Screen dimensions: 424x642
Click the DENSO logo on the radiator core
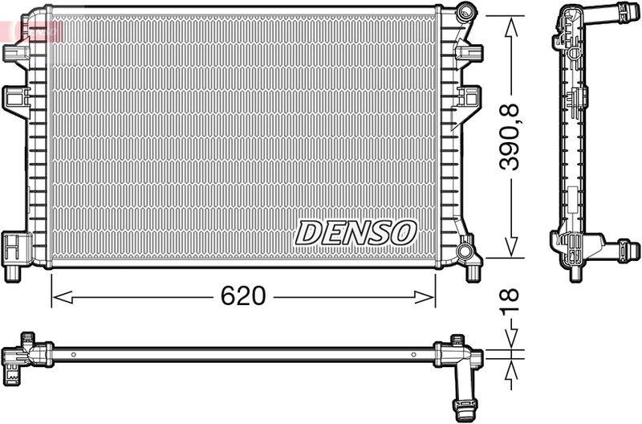tap(356, 232)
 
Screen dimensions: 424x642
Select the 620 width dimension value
tap(242, 297)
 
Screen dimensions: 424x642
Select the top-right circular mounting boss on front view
tap(465, 14)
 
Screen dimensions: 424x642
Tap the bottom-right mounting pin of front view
tap(473, 273)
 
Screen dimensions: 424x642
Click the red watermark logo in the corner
tap(32, 31)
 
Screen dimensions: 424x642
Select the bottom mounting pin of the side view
tap(575, 273)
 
